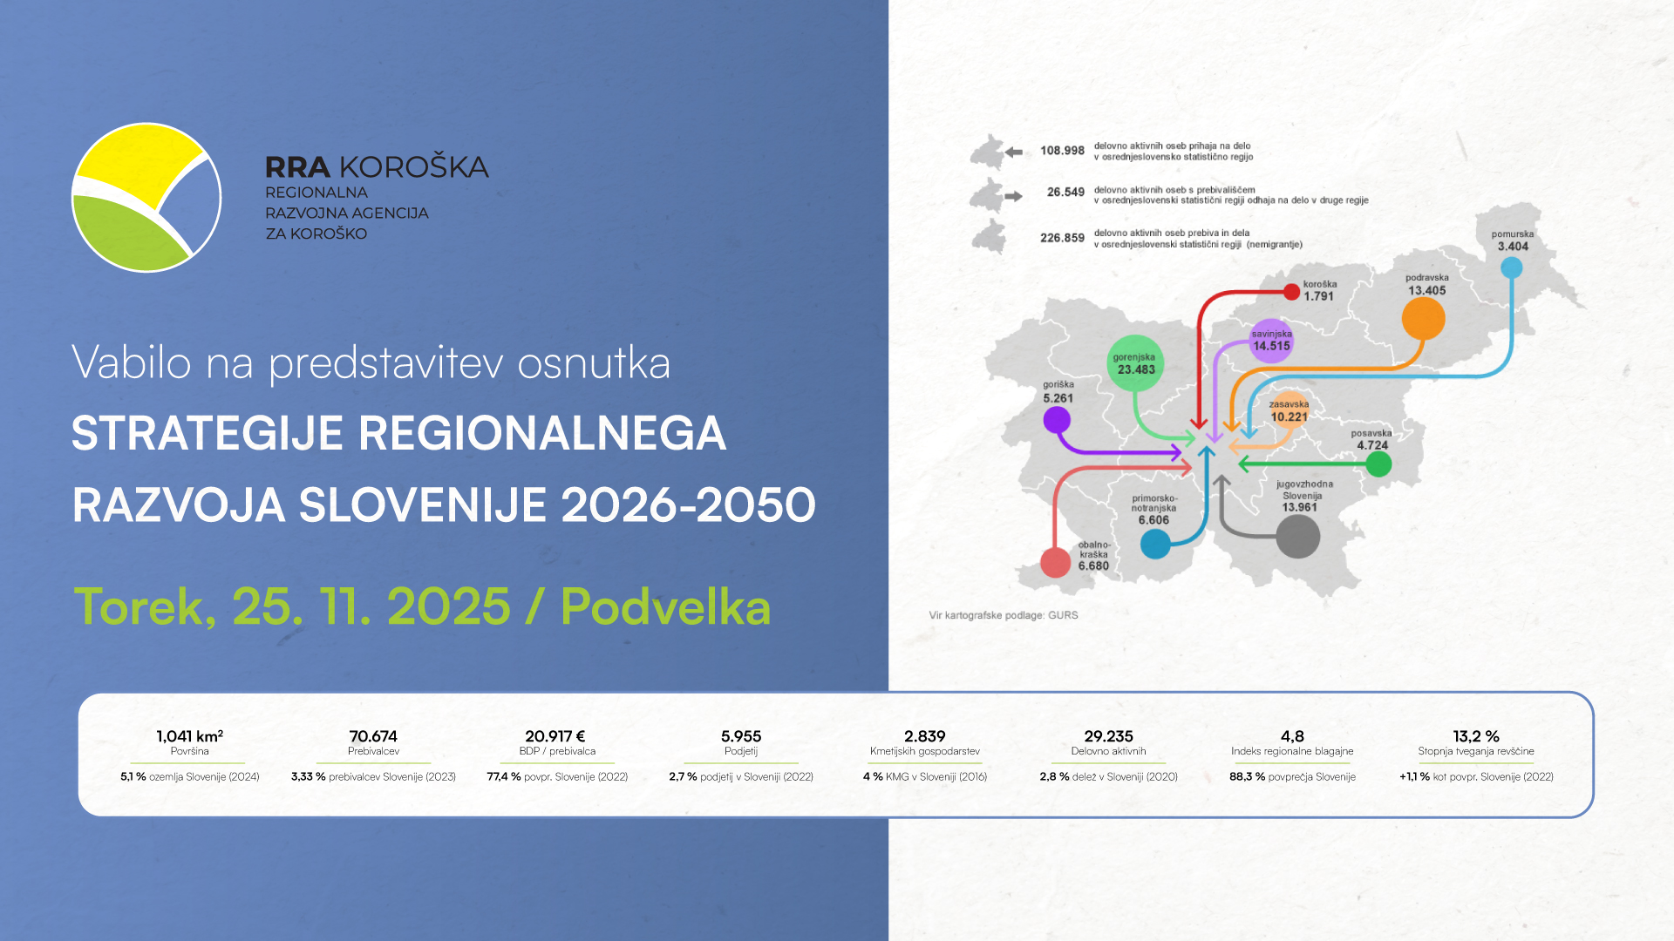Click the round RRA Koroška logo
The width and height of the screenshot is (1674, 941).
click(x=146, y=197)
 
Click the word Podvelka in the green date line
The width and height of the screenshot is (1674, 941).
click(x=666, y=606)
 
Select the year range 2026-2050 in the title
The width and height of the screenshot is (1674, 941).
click(x=689, y=504)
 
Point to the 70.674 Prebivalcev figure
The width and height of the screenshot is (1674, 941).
click(x=373, y=736)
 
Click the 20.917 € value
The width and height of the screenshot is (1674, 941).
click(x=555, y=736)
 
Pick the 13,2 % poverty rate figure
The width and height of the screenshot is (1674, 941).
click(x=1476, y=736)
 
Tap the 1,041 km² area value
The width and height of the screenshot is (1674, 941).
click(x=190, y=736)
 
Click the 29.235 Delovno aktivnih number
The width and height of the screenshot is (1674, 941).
click(x=1108, y=736)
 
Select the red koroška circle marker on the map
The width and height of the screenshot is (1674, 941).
click(x=1291, y=292)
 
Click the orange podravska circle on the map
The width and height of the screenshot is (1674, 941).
click(x=1423, y=319)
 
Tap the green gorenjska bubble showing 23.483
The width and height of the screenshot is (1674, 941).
click(x=1135, y=363)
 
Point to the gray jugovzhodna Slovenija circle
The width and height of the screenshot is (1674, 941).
click(x=1297, y=537)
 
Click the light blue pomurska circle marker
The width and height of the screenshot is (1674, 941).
click(x=1511, y=267)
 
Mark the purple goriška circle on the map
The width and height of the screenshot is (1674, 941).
click(x=1057, y=420)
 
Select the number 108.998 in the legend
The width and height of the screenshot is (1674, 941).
click(x=1062, y=151)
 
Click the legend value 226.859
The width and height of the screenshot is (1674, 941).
click(x=1062, y=238)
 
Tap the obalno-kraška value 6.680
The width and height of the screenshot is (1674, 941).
click(x=1093, y=565)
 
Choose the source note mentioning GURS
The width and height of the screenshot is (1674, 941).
click(x=1004, y=615)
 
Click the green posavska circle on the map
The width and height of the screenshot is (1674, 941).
click(x=1378, y=464)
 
